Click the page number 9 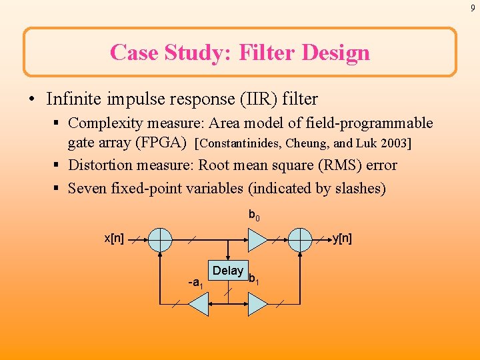473,8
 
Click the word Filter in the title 263,52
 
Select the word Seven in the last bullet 89,188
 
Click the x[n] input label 113,239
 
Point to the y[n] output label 342,239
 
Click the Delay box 228,270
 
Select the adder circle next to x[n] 160,239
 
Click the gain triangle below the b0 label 257,239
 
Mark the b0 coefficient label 254,215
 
